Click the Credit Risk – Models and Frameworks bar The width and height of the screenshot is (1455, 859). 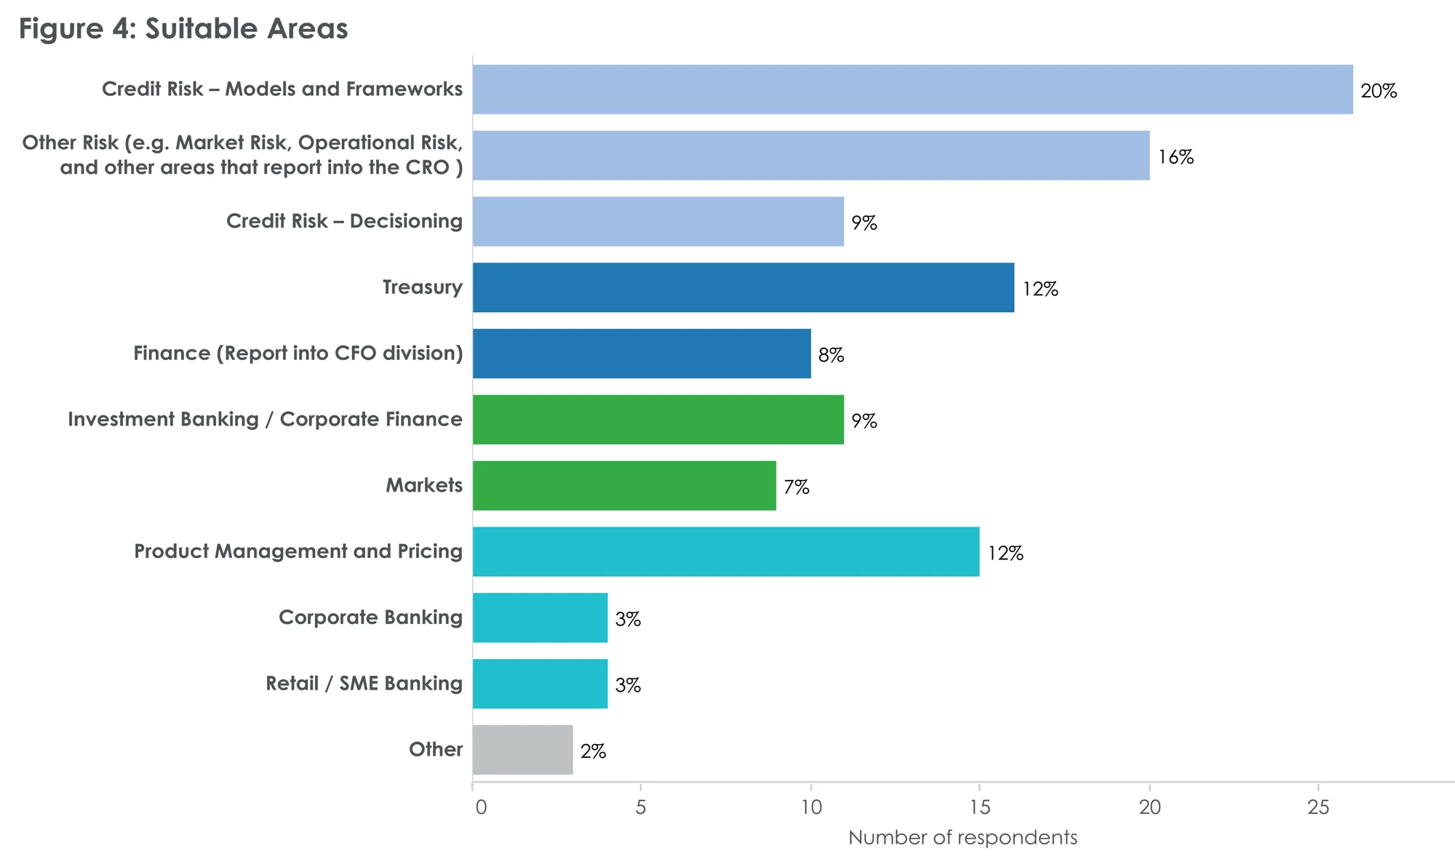[912, 89]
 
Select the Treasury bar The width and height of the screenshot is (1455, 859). [743, 287]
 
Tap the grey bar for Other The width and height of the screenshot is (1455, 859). [522, 750]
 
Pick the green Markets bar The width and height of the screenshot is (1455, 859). [624, 485]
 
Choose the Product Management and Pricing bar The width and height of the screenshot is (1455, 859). [725, 551]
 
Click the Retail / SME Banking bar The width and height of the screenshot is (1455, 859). [540, 684]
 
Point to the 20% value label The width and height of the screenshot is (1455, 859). [1379, 91]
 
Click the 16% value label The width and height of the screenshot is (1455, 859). [1176, 157]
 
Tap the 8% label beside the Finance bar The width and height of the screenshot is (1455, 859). [831, 355]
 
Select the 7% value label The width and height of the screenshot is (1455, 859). [797, 487]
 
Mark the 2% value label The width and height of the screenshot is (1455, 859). [593, 751]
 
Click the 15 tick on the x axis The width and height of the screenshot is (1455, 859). [980, 807]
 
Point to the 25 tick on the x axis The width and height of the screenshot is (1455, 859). [1318, 807]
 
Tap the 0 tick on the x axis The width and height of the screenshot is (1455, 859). [480, 807]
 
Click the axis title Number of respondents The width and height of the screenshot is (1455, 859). [962, 838]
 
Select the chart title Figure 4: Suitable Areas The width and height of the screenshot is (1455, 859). [183, 29]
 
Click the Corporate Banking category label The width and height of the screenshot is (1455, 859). [370, 618]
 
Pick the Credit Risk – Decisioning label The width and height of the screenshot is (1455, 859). [344, 221]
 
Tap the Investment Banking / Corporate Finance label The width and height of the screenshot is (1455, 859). [265, 420]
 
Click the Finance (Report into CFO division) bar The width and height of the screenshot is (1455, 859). [642, 353]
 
